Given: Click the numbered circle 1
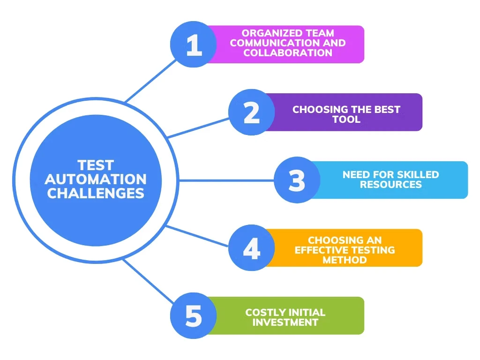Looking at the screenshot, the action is (x=193, y=45).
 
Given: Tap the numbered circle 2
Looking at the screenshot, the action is (x=251, y=112).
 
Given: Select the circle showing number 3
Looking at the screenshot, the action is (x=297, y=180).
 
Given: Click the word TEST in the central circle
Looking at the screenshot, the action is (x=96, y=165).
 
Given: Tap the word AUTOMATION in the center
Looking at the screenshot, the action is (x=96, y=179).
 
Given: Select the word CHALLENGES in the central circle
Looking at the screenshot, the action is (x=96, y=193).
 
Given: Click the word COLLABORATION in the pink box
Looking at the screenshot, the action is (x=288, y=53).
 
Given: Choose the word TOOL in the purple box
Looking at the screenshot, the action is (x=346, y=120).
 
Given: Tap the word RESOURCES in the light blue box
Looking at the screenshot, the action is (x=390, y=185).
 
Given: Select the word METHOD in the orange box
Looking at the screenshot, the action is (x=345, y=260).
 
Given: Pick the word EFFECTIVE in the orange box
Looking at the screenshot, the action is (x=321, y=250).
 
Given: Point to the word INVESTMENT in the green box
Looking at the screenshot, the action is (x=285, y=322).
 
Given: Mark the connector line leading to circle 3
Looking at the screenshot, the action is (x=225, y=180).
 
